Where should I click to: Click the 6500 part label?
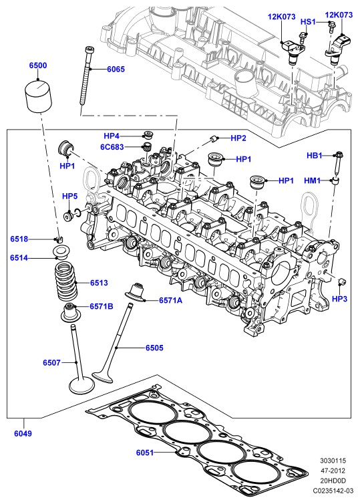tap(38, 66)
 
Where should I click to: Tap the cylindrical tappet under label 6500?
tap(38, 96)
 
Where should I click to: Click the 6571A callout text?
tap(170, 300)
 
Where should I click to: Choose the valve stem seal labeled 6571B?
tap(70, 311)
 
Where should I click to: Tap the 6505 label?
tap(154, 348)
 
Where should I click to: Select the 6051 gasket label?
tap(145, 453)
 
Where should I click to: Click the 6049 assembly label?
tap(23, 433)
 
